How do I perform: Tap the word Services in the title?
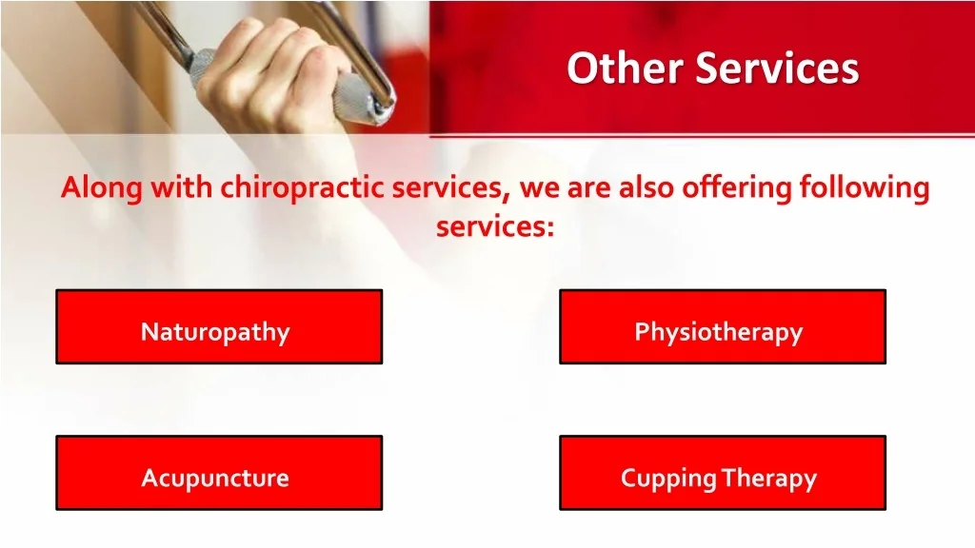(777, 68)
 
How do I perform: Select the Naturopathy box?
(219, 327)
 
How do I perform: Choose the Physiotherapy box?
(723, 327)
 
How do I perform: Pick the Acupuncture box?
(219, 473)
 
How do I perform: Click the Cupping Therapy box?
(723, 473)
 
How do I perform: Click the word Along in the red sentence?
(102, 188)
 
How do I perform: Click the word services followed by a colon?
(494, 226)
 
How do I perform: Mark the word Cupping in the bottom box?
(668, 479)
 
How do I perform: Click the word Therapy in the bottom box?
(769, 479)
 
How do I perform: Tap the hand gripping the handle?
(273, 68)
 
